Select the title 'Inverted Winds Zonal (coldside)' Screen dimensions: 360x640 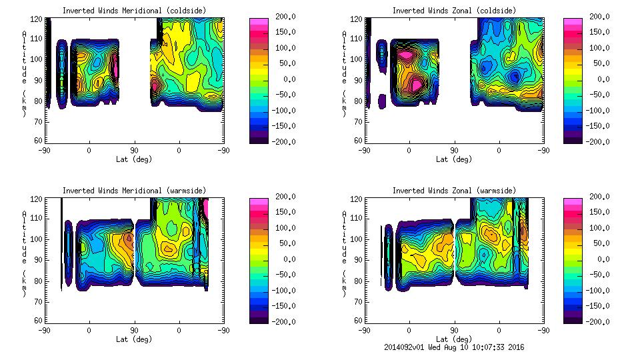coord(454,11)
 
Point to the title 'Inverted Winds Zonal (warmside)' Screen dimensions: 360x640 coord(454,191)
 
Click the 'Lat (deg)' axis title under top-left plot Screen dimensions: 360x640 coord(135,159)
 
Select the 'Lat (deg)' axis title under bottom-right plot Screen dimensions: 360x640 coord(453,339)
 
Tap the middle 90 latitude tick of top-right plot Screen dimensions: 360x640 coord(454,150)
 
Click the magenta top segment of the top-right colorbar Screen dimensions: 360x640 coord(572,21)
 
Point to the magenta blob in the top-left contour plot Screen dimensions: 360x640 coord(115,67)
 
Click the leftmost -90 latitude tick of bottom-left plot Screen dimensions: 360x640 coord(44,330)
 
